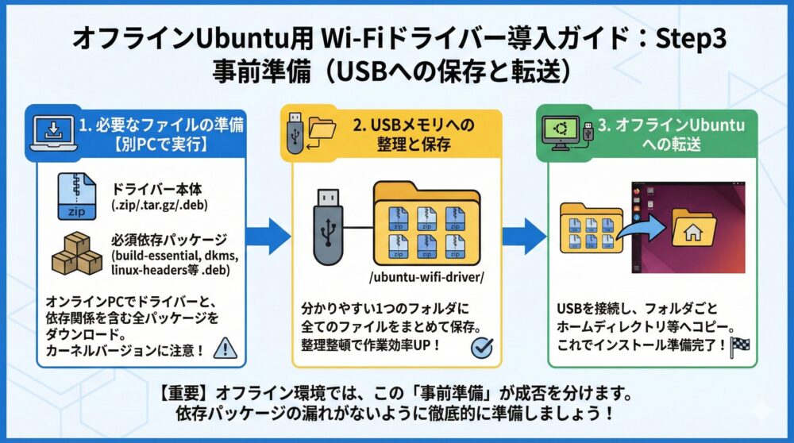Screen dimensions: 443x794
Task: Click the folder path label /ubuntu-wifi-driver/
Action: tap(426, 277)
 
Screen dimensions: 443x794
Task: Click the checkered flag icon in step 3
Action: tap(742, 346)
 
